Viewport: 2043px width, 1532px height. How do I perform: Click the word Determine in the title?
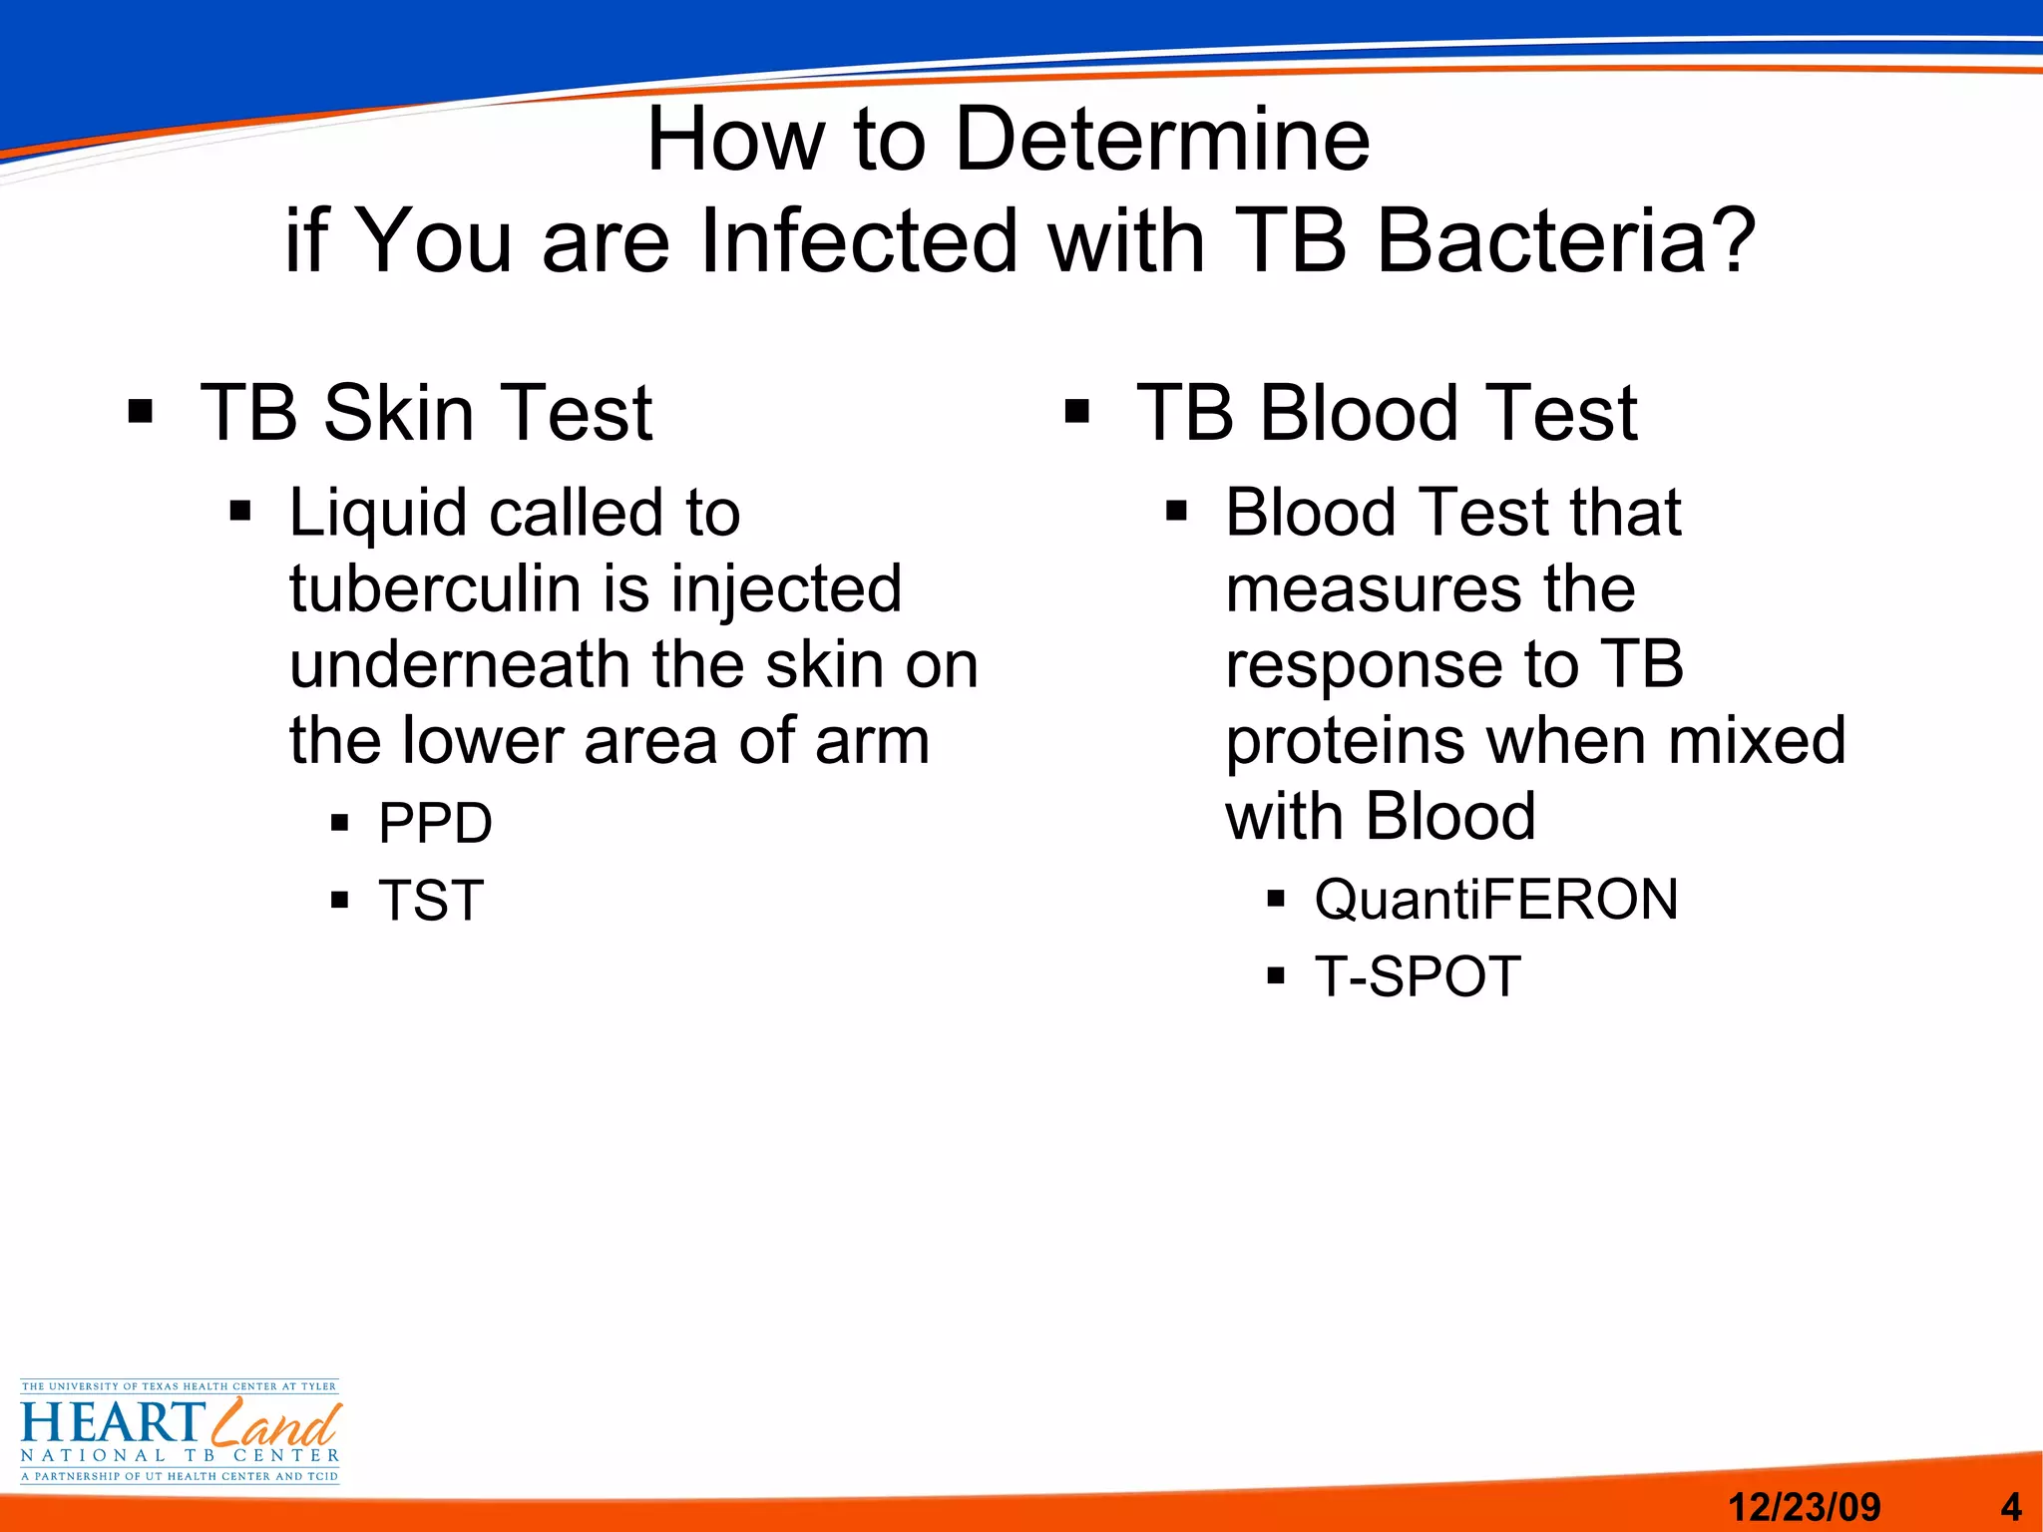1162,140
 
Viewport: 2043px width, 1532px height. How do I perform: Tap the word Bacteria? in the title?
1566,241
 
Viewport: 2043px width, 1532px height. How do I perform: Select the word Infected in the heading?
860,241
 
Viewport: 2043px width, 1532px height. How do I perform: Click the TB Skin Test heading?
426,413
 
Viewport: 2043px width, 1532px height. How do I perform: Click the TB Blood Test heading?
1387,413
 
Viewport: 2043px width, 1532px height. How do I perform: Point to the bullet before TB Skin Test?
141,412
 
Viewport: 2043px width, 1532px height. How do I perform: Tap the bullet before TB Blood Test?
1076,412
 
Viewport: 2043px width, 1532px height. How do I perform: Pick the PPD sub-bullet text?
435,824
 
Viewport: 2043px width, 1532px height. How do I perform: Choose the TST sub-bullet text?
431,901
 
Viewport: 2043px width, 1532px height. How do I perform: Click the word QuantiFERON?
1496,900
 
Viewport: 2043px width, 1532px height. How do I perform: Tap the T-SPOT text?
1418,976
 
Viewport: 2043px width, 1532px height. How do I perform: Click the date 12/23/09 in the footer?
1804,1506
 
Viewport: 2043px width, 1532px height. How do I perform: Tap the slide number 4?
2011,1506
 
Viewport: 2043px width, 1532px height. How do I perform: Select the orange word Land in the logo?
276,1423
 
